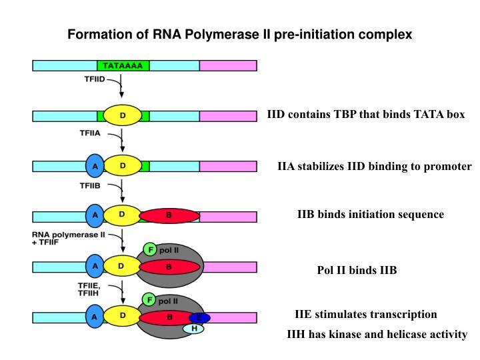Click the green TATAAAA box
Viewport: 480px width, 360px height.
tap(123, 65)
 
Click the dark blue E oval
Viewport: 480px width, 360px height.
tap(199, 317)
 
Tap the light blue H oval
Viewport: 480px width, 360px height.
tap(194, 328)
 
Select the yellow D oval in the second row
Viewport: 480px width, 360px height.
tap(122, 115)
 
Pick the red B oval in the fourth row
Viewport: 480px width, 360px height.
tap(169, 216)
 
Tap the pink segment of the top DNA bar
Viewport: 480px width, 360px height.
tap(228, 65)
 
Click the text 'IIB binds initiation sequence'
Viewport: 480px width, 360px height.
tap(370, 215)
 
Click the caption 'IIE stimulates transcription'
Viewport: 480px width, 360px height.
tap(366, 315)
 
